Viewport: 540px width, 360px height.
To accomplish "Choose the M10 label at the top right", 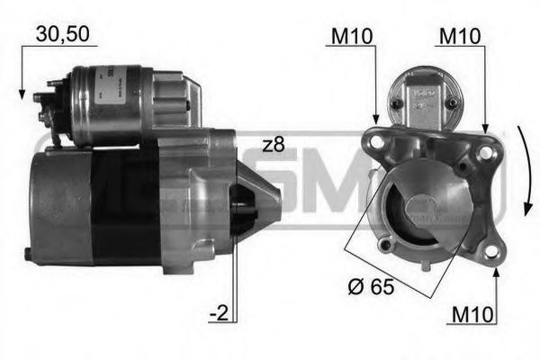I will pos(458,36).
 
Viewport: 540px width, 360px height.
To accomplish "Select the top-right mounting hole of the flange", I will pos(485,153).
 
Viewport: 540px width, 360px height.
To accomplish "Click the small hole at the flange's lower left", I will pos(384,245).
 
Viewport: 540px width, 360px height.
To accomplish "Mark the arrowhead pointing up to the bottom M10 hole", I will pos(496,272).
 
